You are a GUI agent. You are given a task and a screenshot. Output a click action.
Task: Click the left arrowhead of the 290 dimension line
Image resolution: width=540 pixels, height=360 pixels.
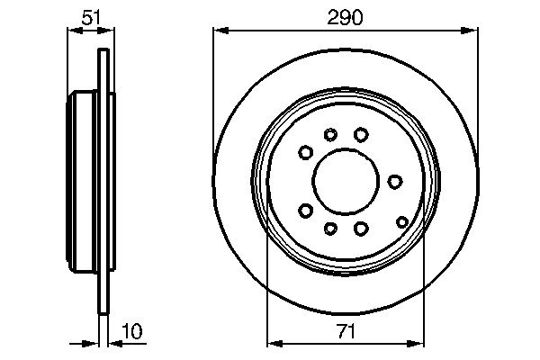pos(219,30)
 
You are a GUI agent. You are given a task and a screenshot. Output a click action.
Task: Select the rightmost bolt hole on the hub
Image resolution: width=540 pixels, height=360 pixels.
pos(394,182)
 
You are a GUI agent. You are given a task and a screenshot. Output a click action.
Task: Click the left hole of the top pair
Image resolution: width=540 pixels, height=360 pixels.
pos(331,135)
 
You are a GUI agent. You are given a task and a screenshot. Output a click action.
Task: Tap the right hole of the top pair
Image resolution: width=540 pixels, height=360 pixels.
pos(360,134)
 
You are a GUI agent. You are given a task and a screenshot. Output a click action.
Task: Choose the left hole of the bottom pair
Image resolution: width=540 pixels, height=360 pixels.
pos(331,228)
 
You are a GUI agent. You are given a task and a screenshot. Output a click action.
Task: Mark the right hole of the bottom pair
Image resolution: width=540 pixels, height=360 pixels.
pos(360,229)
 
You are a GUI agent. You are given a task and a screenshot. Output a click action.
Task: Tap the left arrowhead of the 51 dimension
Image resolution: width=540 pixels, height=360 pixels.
pos(73,30)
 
